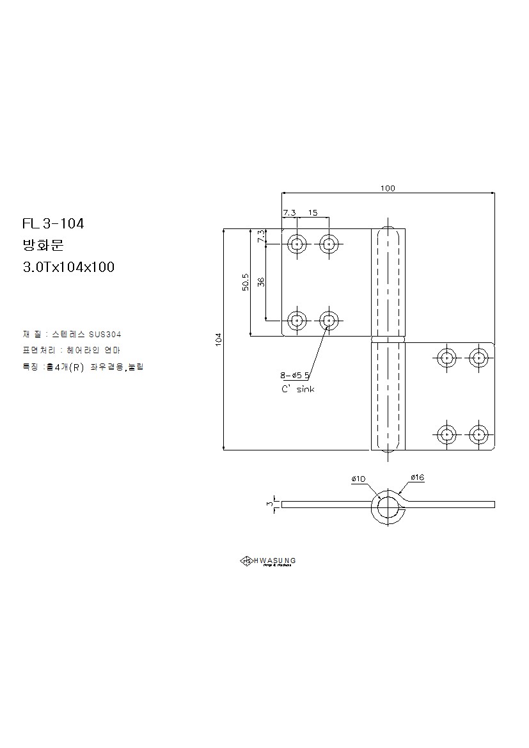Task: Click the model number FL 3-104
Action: [53, 224]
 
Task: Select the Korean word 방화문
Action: [40, 246]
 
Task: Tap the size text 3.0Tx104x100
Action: [68, 267]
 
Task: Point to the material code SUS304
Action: [105, 335]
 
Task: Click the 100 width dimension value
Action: [388, 188]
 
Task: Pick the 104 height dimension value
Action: [219, 339]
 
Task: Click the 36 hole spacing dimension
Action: [262, 282]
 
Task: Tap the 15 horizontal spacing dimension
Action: [313, 212]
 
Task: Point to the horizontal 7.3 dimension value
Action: [289, 212]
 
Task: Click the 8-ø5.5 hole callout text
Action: [294, 375]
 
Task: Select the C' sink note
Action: [297, 389]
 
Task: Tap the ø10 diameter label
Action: [358, 479]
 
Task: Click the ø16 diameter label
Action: [418, 477]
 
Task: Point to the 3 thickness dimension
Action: [269, 504]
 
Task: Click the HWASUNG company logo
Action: [267, 561]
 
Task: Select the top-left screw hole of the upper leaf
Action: [297, 243]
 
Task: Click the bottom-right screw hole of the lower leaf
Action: [478, 434]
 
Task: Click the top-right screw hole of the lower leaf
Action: [478, 356]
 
